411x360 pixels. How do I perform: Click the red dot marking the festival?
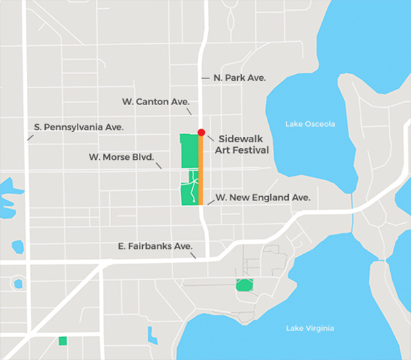point(201,132)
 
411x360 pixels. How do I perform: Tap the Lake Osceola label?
point(310,124)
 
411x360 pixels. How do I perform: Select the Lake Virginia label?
point(309,328)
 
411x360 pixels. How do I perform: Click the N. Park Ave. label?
point(239,78)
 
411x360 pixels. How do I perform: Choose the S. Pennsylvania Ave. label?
point(79,127)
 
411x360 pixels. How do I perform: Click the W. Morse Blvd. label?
point(121,157)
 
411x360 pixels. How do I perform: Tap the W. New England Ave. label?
point(263,198)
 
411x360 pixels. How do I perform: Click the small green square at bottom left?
point(63,340)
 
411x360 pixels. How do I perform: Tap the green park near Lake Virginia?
point(244,285)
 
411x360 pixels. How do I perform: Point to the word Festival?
point(251,150)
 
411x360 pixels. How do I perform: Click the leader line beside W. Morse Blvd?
point(159,164)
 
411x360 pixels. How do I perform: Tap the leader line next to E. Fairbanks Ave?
point(193,255)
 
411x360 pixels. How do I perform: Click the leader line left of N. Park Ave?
point(205,78)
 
